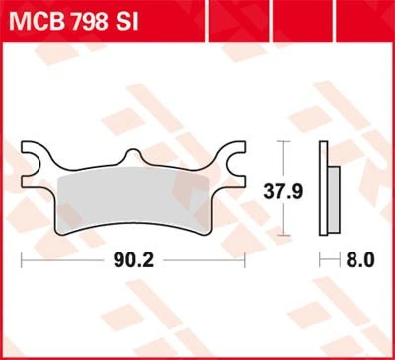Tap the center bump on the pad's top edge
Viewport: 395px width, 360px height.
pyautogui.click(x=133, y=155)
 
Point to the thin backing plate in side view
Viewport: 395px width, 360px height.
pyautogui.click(x=323, y=187)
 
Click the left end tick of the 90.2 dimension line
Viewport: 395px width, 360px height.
pyautogui.click(x=21, y=260)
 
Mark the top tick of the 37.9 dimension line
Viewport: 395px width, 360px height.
pyautogui.click(x=282, y=141)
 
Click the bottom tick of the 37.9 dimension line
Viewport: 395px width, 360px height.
pyautogui.click(x=282, y=236)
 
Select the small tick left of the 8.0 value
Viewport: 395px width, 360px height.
pyautogui.click(x=320, y=260)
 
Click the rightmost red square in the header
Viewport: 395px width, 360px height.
pyautogui.click(x=366, y=21)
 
